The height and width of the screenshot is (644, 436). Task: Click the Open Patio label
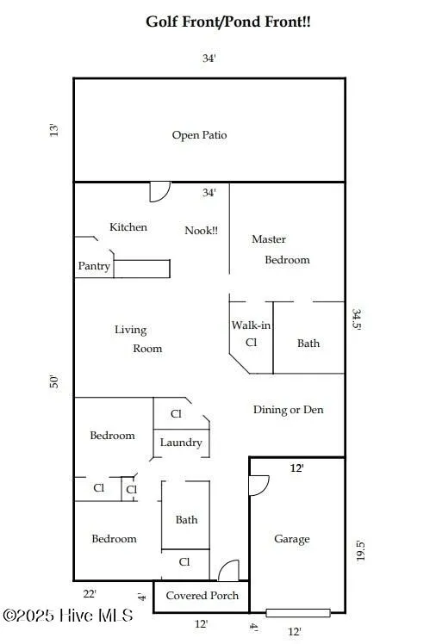(199, 135)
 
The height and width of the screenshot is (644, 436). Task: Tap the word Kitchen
(128, 227)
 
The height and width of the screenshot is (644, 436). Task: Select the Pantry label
(94, 266)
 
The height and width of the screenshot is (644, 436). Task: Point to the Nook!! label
(202, 231)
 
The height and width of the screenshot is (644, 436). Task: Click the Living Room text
(138, 339)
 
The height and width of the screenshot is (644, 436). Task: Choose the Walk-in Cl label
(251, 333)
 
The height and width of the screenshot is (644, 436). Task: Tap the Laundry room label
(181, 443)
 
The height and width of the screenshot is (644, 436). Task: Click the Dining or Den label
(288, 410)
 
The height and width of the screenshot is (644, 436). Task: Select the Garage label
(292, 539)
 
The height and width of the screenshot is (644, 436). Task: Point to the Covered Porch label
(202, 596)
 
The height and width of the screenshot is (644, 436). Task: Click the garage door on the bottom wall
(297, 613)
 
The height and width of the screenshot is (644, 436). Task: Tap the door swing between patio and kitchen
(159, 191)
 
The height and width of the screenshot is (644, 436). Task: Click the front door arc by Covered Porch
(227, 571)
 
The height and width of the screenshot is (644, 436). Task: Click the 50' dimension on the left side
(54, 381)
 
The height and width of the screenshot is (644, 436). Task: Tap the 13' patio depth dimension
(54, 131)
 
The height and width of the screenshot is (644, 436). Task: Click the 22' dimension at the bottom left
(89, 593)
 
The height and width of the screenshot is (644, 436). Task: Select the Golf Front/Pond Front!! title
(228, 22)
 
